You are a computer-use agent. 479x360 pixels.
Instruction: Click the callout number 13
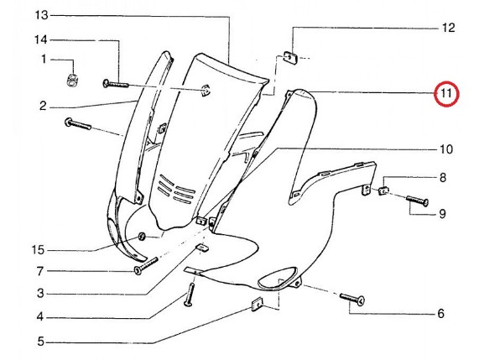pos(42,15)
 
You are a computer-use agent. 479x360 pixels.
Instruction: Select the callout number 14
pos(40,39)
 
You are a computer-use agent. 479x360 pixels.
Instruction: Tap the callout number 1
pos(44,59)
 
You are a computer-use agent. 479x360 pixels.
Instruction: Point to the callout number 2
pos(43,106)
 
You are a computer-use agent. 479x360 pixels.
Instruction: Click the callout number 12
pos(449,28)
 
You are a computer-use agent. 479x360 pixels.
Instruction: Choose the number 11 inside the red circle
pos(446,93)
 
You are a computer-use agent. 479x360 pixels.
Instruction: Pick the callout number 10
pos(446,149)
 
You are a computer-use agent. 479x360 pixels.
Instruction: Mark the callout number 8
pos(443,178)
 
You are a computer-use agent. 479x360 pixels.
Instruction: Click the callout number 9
pos(442,214)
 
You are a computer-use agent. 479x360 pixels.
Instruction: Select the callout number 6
pos(440,314)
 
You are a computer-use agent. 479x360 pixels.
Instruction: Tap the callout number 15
pos(39,250)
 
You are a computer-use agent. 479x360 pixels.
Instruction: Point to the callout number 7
pos(40,271)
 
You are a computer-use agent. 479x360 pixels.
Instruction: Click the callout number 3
pos(40,294)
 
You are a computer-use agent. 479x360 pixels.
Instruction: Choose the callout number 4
pos(40,317)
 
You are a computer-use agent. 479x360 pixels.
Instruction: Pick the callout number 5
pos(41,342)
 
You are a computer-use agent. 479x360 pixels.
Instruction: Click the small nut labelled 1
pos(71,80)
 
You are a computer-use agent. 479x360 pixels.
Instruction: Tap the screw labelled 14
pos(116,84)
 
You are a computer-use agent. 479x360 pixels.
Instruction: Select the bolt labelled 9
pos(417,201)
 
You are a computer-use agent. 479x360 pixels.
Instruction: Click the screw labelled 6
pos(352,299)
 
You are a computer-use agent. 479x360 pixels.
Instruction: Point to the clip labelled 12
pos(290,57)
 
